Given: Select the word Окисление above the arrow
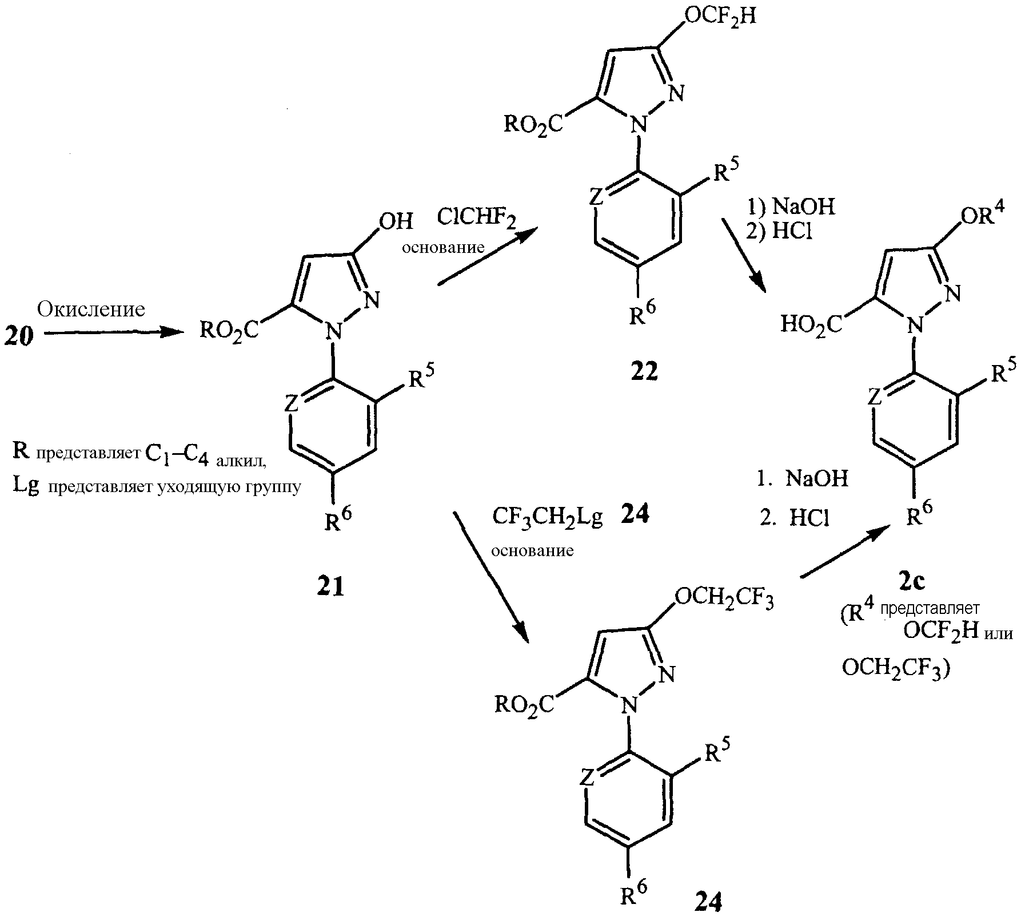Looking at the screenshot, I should pos(91,310).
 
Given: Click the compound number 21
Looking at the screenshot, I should pos(331,586).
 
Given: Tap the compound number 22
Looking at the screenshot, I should pos(644,372).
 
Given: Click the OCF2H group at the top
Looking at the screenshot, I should pos(720,16).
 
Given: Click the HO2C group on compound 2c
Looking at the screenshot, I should pos(811,325).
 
